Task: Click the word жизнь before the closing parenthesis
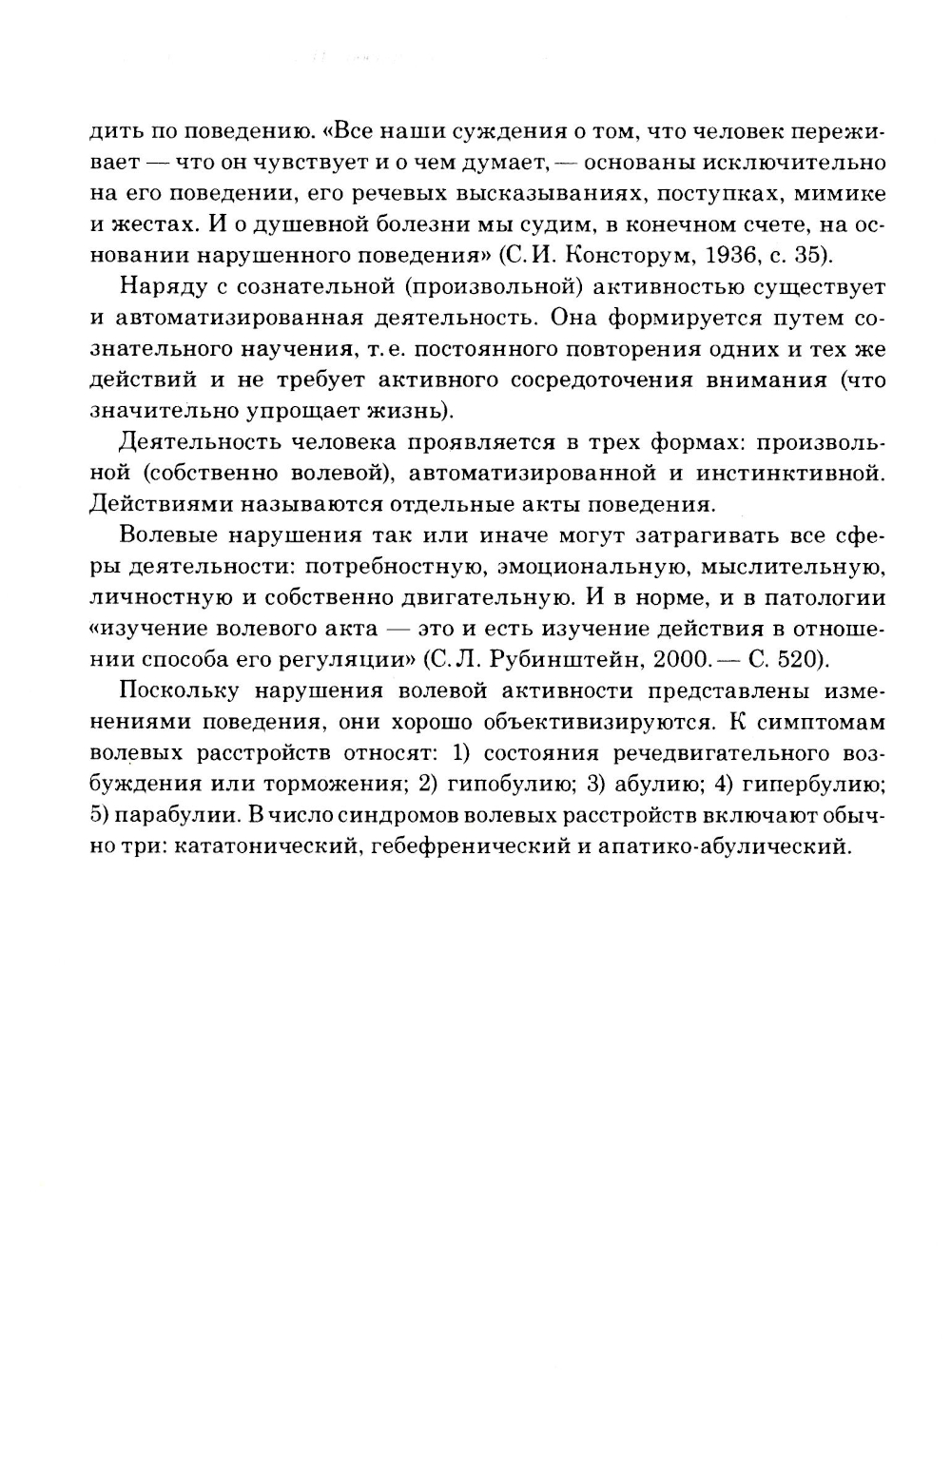[402, 411]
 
